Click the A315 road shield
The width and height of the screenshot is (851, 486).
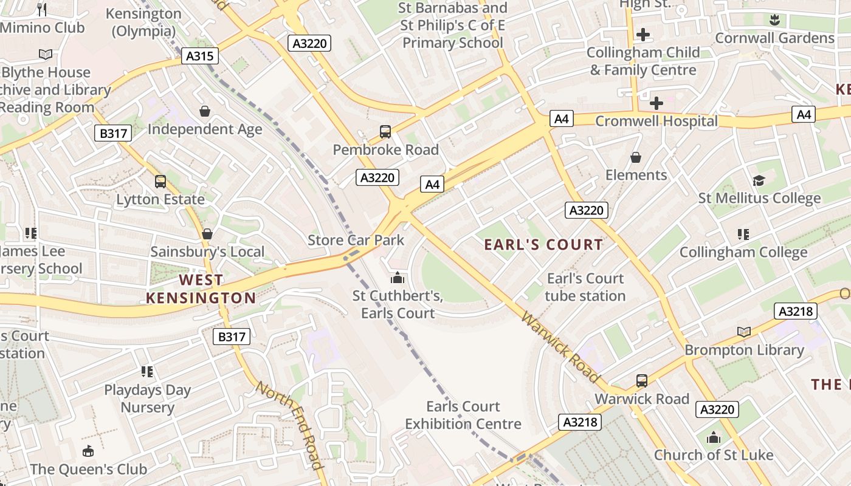click(199, 56)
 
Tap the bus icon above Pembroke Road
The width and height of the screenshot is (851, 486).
click(385, 131)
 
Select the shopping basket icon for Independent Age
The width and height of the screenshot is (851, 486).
click(205, 111)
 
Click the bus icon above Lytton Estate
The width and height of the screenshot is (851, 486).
click(160, 181)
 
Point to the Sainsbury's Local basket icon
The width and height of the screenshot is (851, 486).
click(207, 234)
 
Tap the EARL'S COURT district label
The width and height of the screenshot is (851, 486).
click(543, 245)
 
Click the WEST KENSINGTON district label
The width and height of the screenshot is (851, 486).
click(201, 289)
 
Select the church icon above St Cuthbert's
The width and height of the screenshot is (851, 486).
click(398, 278)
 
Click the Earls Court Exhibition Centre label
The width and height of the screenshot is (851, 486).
click(463, 415)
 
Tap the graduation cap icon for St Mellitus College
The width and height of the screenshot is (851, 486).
click(759, 180)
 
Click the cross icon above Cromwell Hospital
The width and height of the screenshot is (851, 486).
click(656, 103)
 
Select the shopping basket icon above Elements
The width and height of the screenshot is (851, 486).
click(636, 157)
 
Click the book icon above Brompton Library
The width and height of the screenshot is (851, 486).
click(744, 332)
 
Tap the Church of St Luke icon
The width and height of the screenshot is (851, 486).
click(714, 437)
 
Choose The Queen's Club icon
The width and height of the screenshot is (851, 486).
click(88, 451)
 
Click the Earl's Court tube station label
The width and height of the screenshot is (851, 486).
click(585, 287)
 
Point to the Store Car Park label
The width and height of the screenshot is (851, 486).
click(356, 240)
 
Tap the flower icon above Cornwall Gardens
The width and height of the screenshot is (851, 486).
click(774, 19)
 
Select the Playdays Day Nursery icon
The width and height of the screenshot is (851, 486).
click(147, 371)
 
